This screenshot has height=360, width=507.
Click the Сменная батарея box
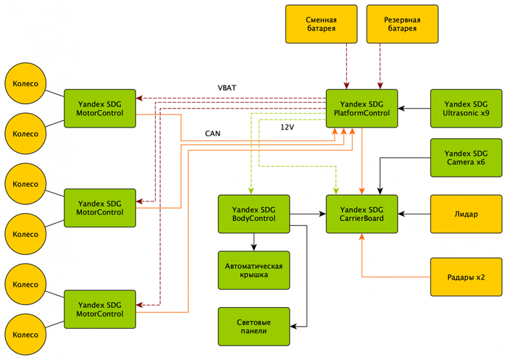click(x=322, y=23)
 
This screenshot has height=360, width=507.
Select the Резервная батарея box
click(x=403, y=23)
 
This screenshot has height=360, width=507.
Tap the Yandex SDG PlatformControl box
click(x=361, y=108)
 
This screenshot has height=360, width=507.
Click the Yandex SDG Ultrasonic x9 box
click(x=466, y=108)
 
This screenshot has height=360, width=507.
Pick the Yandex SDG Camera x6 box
click(x=466, y=158)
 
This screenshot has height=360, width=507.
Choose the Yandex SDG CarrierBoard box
click(x=361, y=214)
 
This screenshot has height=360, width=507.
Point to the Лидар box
click(x=466, y=214)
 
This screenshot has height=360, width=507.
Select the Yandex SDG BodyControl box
click(x=254, y=214)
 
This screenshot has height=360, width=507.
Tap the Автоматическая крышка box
click(x=254, y=269)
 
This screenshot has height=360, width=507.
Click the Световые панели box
click(x=254, y=326)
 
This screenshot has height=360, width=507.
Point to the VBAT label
click(x=227, y=88)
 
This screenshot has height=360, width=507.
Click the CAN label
click(x=213, y=133)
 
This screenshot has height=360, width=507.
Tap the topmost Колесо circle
click(x=25, y=83)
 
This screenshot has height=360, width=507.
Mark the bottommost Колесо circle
click(x=25, y=335)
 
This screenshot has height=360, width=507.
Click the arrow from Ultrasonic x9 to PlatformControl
click(x=414, y=108)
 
